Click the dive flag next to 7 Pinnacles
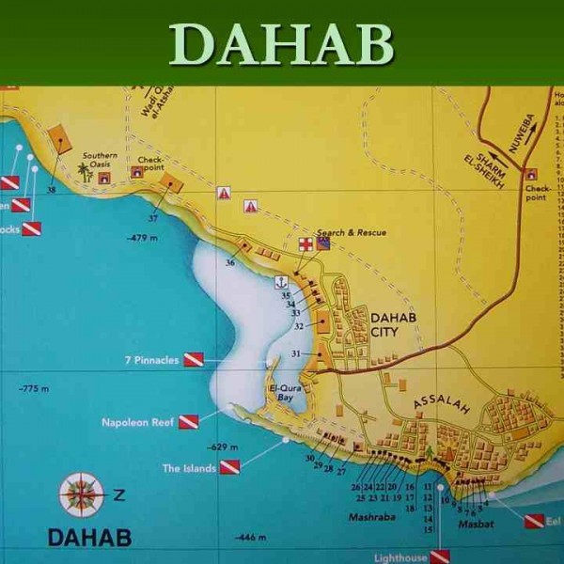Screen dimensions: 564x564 pyautogui.click(x=193, y=359)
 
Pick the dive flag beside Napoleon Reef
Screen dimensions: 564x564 pyautogui.click(x=188, y=422)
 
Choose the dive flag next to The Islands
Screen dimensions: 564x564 pyautogui.click(x=229, y=466)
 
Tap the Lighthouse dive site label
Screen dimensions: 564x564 pyautogui.click(x=399, y=556)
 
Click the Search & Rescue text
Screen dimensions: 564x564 pyautogui.click(x=352, y=232)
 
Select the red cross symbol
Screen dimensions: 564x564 pyautogui.click(x=305, y=244)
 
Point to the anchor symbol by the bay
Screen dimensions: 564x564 pyautogui.click(x=279, y=282)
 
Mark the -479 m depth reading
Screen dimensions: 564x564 pyautogui.click(x=143, y=237)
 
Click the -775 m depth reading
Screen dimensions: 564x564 pyautogui.click(x=34, y=388)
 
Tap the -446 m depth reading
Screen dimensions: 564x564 pyautogui.click(x=253, y=536)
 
